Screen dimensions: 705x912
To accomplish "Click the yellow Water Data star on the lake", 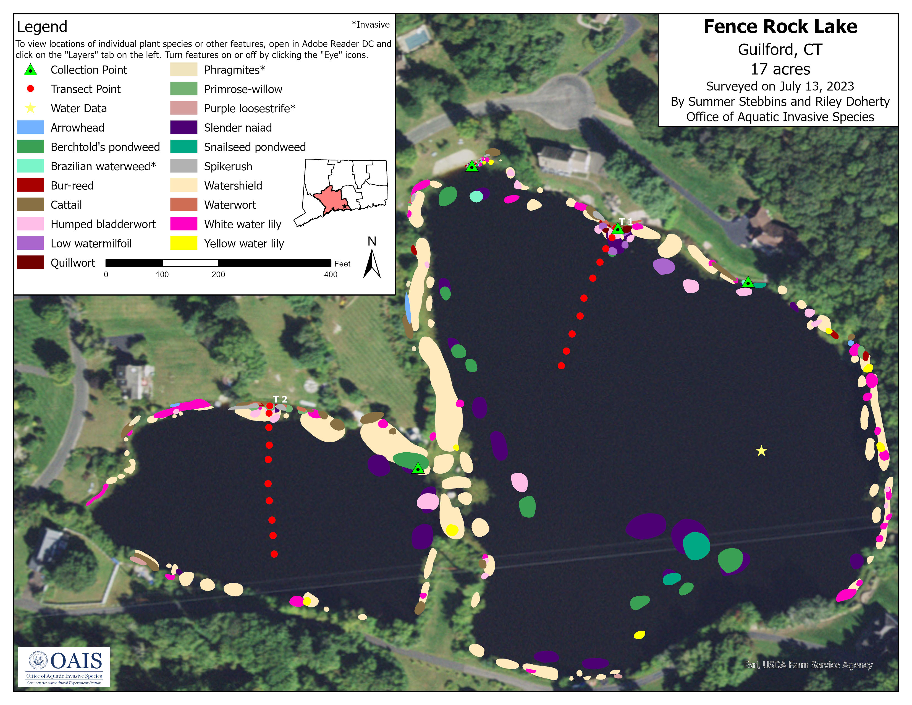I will coord(761,451).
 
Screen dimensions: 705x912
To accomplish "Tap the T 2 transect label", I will coord(280,399).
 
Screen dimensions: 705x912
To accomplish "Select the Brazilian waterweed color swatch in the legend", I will coord(30,166).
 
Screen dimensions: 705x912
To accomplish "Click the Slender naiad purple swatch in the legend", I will coord(184,127).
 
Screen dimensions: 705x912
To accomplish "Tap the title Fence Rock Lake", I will coord(780,27).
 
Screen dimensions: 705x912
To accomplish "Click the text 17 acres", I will coord(780,69).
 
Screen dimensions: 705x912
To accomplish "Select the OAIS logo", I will coord(64,667).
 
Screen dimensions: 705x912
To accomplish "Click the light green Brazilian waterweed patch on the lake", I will coord(476,196).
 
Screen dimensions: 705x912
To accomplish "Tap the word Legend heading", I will coord(42,27).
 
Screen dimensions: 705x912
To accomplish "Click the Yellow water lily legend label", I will coord(244,244).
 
